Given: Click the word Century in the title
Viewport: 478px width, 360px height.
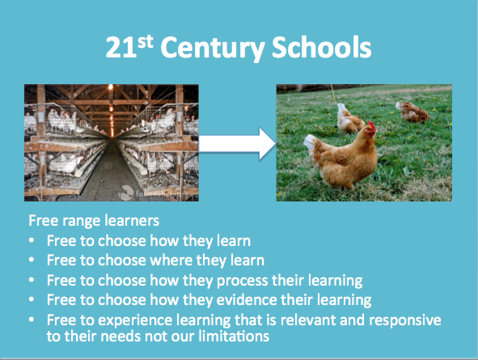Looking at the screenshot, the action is [x=212, y=49].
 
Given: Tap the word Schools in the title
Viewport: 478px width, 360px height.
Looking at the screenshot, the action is [x=321, y=47].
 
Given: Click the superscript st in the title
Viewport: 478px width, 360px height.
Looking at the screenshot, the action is [x=145, y=41].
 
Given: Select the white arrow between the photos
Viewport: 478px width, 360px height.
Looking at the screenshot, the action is [x=237, y=144].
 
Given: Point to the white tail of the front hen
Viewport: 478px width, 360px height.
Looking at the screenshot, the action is [x=311, y=145].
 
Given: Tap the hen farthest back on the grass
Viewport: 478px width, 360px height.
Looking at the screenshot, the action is [x=412, y=112].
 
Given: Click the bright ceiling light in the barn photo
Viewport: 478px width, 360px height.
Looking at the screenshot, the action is [x=110, y=87].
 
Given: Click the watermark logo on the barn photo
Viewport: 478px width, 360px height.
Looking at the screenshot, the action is [x=125, y=193].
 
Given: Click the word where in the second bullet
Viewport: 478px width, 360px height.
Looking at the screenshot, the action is [x=171, y=260].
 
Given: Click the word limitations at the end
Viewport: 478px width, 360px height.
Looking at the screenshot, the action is [x=234, y=337].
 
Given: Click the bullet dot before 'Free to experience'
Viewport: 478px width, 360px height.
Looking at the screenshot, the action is [x=32, y=320].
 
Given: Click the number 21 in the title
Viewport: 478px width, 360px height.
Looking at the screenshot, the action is [x=121, y=48].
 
